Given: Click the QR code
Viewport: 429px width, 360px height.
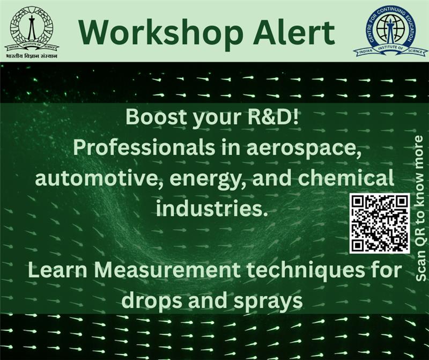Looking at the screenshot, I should coord(379,223).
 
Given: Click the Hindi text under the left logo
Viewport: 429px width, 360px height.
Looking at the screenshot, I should coord(32,55).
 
